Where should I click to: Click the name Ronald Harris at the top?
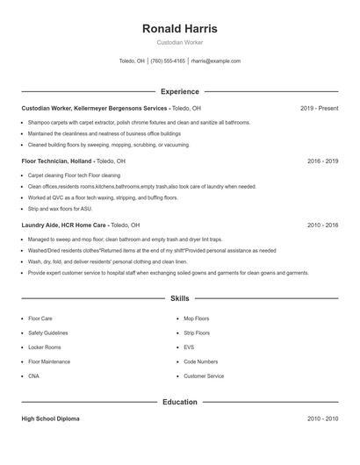[x=179, y=28]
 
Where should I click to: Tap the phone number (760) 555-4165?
[x=168, y=61]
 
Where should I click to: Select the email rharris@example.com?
[x=215, y=61]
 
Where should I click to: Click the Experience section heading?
[x=179, y=91]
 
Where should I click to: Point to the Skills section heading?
[x=179, y=298]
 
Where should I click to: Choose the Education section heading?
[x=179, y=402]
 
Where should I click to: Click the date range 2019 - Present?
[x=319, y=108]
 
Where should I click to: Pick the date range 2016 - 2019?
[x=322, y=161]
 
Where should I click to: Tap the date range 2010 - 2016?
[x=322, y=225]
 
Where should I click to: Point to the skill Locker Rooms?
[x=46, y=347]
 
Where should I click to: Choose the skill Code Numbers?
[x=201, y=361]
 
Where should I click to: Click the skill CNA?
[x=34, y=376]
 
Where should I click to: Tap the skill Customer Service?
[x=204, y=376]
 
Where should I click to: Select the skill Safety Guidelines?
[x=48, y=333]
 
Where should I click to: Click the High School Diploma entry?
[x=50, y=418]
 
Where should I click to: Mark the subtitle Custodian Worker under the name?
[x=179, y=43]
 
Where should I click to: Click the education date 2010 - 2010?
[x=322, y=418]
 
